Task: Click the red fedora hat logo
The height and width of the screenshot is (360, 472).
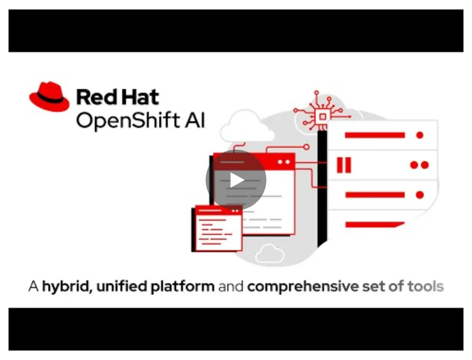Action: (49, 98)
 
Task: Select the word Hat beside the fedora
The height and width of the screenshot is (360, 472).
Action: (139, 98)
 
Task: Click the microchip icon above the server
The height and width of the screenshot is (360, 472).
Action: (322, 116)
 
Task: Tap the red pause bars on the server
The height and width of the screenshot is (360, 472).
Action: (344, 165)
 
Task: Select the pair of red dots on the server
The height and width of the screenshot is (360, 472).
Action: (419, 165)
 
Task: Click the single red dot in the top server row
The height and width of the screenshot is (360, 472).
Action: (419, 135)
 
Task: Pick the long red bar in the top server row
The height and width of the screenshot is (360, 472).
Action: (374, 135)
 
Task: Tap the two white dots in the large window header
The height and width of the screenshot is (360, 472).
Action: (283, 162)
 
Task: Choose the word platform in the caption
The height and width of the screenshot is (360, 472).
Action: (182, 287)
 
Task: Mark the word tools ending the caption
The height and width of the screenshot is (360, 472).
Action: (425, 286)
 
